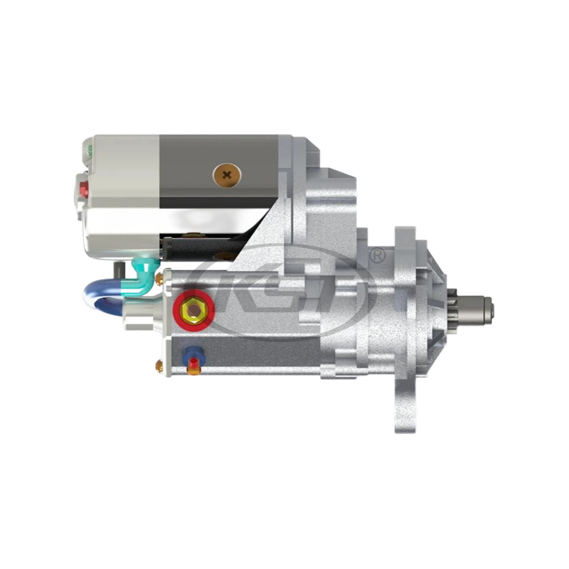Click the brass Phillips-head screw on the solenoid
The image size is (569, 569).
pos(227,174)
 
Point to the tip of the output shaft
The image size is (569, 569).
pos(489,308)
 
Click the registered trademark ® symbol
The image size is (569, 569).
pos(378,254)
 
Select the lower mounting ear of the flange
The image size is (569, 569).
pos(403,405)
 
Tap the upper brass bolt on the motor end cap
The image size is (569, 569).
pos(159,275)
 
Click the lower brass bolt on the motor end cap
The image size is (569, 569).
pos(159,366)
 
